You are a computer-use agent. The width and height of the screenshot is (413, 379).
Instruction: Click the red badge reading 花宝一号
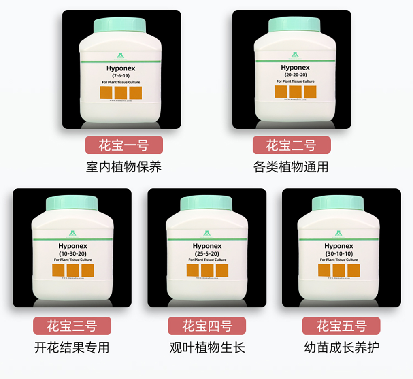pos(123,145)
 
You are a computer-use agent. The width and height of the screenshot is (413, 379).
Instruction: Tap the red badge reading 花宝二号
pos(292,145)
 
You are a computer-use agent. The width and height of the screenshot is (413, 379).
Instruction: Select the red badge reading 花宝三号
pos(72,326)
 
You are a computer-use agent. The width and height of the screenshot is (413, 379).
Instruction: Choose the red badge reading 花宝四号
pos(207,326)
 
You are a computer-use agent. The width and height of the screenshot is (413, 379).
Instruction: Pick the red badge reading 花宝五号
pos(341,326)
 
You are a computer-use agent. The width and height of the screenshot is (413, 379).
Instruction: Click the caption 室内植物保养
pos(123,167)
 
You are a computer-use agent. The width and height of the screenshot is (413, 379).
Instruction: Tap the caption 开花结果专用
pos(72,347)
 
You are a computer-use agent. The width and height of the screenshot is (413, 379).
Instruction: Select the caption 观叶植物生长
pos(207,347)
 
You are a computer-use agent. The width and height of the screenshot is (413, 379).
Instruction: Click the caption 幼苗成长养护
pos(341,347)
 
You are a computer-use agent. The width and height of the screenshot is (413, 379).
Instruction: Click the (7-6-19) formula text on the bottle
pos(120,76)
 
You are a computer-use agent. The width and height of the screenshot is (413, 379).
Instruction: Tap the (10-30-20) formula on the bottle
pos(72,253)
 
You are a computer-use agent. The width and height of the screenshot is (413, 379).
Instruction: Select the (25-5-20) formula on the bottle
pos(206,253)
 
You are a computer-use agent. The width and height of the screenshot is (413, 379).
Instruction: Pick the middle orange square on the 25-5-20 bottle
pos(207,270)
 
